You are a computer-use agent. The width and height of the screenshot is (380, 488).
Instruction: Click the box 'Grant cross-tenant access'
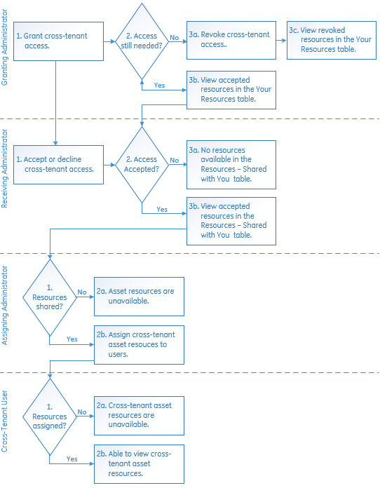58,41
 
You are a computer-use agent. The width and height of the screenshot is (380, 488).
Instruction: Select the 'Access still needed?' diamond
142,41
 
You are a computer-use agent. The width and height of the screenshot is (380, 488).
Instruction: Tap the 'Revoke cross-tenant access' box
231,40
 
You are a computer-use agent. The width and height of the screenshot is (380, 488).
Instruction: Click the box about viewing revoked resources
332,40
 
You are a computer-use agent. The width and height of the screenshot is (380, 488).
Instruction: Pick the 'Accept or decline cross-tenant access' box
58,165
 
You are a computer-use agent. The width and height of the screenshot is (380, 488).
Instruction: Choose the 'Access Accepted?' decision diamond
142,165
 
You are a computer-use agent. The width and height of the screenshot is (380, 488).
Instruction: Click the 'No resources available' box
231,165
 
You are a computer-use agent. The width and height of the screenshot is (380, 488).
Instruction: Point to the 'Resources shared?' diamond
50,297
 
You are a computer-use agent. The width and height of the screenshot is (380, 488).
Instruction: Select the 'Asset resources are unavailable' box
139,297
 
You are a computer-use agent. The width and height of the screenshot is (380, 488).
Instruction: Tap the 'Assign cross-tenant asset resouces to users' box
139,345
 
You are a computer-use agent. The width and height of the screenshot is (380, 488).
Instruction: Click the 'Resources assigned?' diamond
50,416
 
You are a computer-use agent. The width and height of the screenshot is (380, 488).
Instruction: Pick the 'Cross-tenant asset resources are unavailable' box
139,416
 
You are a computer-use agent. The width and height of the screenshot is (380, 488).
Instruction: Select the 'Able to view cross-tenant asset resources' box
139,464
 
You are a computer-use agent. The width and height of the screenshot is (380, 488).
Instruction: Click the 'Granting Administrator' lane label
4,47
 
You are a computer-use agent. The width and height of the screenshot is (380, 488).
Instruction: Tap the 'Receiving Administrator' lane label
4,168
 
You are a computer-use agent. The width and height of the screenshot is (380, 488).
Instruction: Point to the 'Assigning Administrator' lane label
4,305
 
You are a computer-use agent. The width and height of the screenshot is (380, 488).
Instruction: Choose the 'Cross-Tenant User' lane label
4,421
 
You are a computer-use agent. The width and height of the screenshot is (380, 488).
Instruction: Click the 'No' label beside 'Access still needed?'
175,38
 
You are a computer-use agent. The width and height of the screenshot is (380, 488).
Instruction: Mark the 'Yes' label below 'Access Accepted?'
162,210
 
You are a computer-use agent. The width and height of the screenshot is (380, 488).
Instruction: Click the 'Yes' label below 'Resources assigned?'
72,459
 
